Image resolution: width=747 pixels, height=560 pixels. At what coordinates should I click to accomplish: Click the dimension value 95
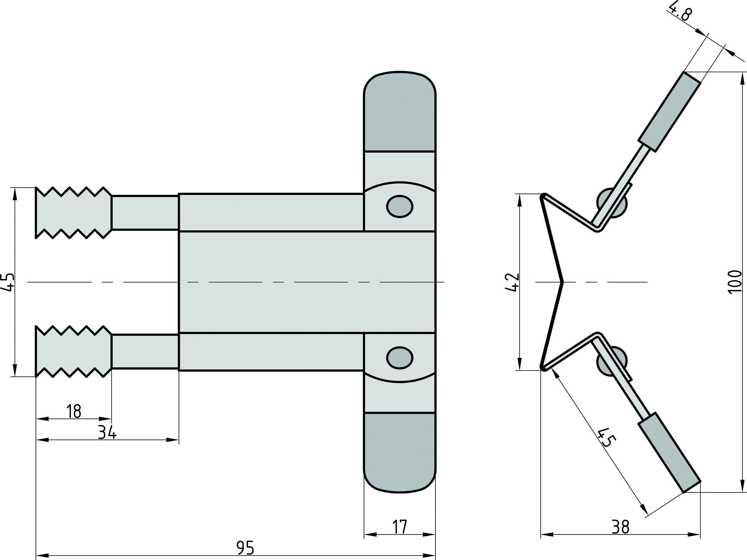pos(245,548)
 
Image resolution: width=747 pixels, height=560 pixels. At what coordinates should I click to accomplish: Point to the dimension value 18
pos(74,411)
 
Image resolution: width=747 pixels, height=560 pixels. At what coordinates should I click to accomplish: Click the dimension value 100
pos(735,282)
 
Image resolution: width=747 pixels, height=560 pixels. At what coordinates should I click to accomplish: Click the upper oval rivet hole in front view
pos(400,206)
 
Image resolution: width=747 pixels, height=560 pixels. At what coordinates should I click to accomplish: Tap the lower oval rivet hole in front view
pos(400,358)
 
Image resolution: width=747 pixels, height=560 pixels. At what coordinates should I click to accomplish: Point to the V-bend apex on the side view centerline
pos(562,282)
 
